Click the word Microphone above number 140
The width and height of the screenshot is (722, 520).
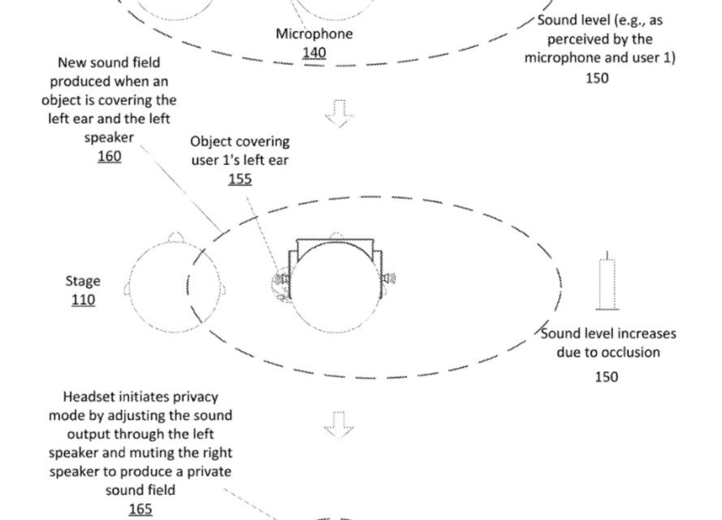click(x=314, y=34)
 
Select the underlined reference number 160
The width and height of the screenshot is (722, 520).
click(x=109, y=156)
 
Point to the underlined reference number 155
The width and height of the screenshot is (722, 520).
click(x=240, y=179)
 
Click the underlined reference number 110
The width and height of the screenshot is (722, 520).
click(x=83, y=300)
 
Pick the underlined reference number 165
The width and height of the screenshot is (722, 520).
click(x=140, y=509)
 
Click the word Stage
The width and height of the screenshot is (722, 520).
click(x=83, y=281)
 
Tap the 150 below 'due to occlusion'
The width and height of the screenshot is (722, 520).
click(x=606, y=376)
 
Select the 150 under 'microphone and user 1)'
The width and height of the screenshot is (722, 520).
click(x=596, y=78)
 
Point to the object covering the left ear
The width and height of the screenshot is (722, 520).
click(x=281, y=280)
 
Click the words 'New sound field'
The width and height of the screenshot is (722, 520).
click(x=109, y=63)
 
